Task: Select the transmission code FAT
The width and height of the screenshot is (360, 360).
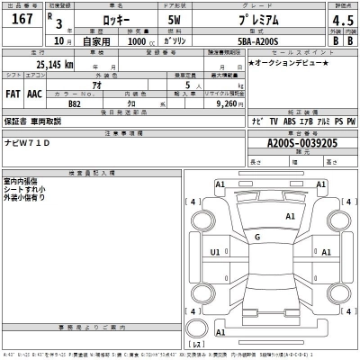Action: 14,94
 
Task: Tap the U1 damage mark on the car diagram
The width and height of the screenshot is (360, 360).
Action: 215,253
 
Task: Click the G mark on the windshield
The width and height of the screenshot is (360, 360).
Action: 258,236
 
